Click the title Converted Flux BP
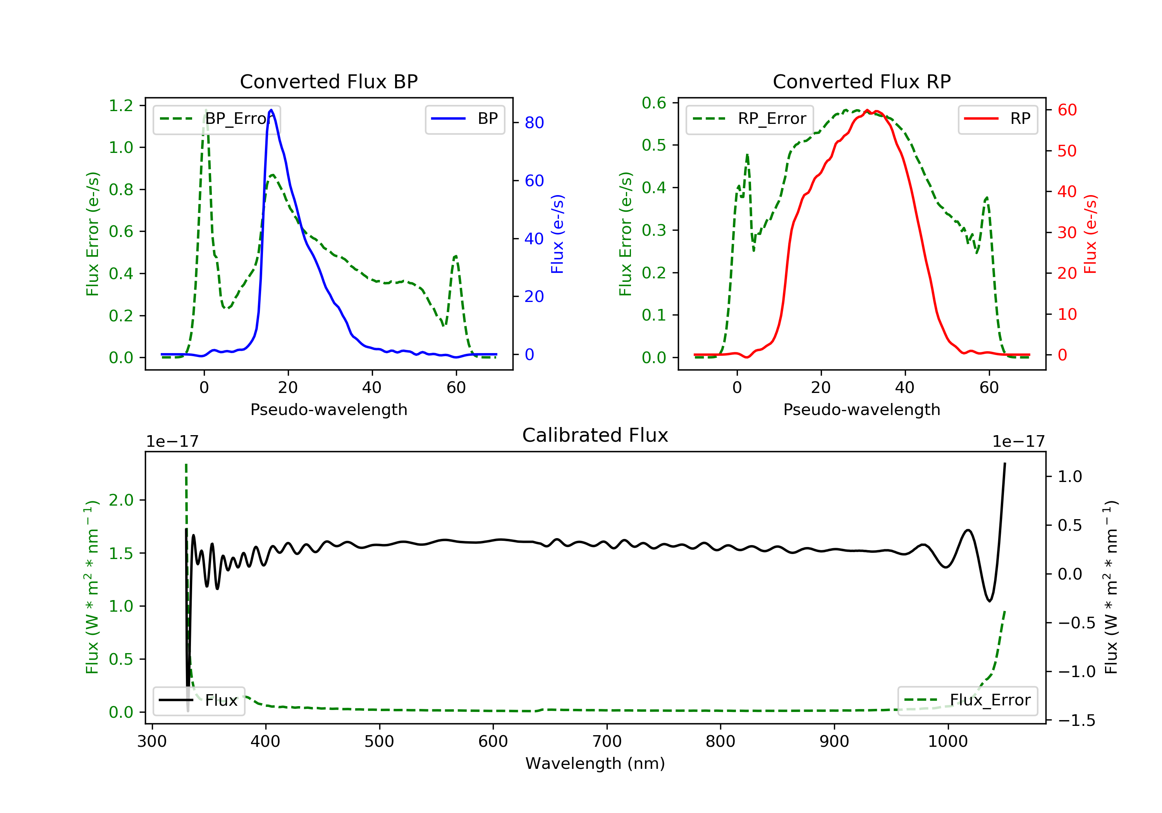coord(328,81)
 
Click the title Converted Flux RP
coord(861,81)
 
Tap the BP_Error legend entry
coord(217,119)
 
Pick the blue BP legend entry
coord(464,119)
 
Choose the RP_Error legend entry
coord(749,119)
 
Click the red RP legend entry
coord(997,119)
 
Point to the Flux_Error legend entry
coord(967,700)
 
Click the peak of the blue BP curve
coord(271,110)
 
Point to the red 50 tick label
coord(1067,151)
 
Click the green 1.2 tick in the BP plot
coord(121,106)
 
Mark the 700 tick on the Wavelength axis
coord(607,742)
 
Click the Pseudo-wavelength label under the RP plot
coord(861,409)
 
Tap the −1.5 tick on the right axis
coord(1076,720)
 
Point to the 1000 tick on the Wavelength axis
coord(947,742)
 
